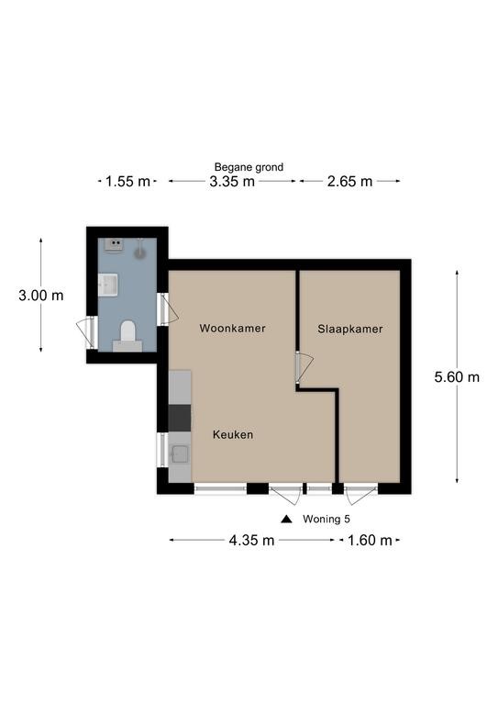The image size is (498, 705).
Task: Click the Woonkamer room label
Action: [x=232, y=329]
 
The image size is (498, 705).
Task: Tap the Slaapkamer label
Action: [x=349, y=330]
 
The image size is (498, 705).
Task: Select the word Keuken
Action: [x=233, y=435]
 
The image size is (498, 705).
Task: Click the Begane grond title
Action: [x=249, y=167]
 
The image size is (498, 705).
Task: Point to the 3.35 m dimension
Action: [x=232, y=182]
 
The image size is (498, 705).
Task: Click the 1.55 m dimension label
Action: [x=127, y=182]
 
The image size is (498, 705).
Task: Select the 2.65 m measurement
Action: [x=349, y=182]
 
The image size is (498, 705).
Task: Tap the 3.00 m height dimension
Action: [x=41, y=296]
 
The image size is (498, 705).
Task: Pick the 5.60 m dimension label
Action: [x=457, y=376]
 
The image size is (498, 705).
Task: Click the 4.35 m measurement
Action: [x=251, y=540]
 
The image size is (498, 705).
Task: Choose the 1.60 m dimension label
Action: [x=370, y=540]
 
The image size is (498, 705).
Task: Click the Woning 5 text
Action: [x=326, y=519]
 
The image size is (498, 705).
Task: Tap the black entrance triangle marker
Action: [x=286, y=520]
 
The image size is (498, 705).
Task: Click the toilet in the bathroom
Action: [x=127, y=335]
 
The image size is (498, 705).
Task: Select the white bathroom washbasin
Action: [x=108, y=285]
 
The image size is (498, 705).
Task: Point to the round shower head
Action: [x=140, y=253]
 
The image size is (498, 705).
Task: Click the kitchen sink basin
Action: [x=180, y=454]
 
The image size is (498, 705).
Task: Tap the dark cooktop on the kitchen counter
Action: [x=180, y=418]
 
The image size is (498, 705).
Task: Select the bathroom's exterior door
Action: [x=87, y=332]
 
